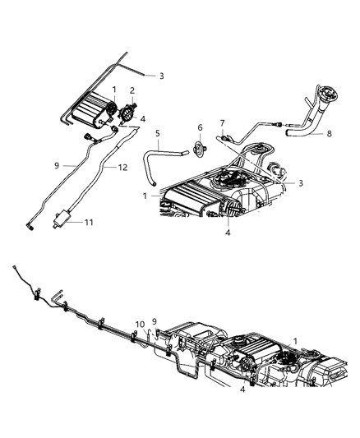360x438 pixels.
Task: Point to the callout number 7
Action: point(222,123)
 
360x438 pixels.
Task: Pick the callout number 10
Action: point(140,323)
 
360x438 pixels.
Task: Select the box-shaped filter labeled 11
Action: point(60,219)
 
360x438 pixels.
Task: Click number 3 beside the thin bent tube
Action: point(161,76)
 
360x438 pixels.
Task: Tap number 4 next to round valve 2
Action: point(143,118)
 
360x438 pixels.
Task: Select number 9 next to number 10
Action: point(154,321)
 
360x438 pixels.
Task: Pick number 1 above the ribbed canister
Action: point(115,89)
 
